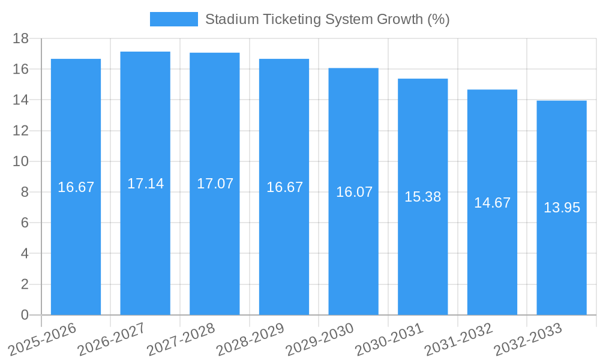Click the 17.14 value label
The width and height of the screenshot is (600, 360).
tap(145, 184)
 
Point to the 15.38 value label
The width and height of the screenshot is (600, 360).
tap(422, 197)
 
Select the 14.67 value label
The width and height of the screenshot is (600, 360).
tap(492, 203)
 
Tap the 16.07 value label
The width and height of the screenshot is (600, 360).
tap(354, 192)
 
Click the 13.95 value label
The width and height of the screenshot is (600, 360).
tap(562, 208)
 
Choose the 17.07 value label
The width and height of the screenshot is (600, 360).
tap(215, 184)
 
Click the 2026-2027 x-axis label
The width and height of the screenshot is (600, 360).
tap(112, 339)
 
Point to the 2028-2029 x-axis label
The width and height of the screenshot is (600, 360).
tap(250, 339)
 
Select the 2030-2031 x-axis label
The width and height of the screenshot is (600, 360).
tap(389, 339)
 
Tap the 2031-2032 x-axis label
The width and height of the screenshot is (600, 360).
tap(458, 339)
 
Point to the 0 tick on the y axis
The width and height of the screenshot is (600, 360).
tap(25, 315)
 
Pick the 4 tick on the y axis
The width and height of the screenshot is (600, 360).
tap(25, 254)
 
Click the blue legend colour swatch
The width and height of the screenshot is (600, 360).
tap(173, 19)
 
